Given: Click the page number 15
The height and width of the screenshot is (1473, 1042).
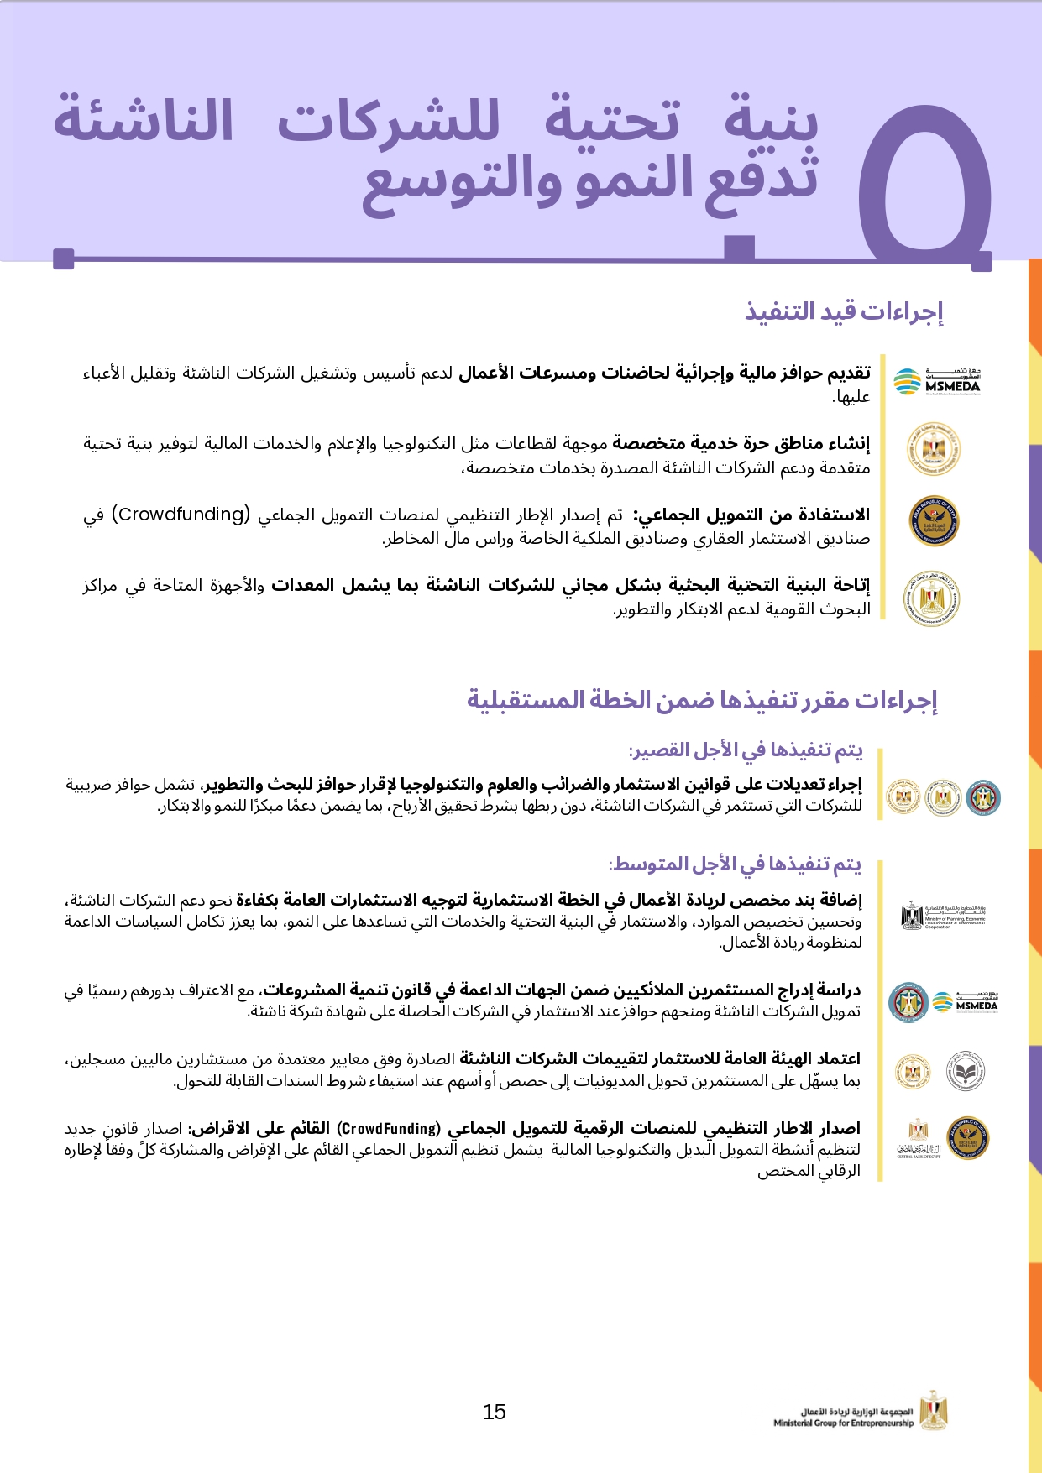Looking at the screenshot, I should [x=494, y=1413].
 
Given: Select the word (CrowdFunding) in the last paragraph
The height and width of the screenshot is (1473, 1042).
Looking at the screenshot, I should [x=389, y=1128].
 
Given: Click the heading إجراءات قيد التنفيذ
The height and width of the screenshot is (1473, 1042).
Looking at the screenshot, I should [x=844, y=311].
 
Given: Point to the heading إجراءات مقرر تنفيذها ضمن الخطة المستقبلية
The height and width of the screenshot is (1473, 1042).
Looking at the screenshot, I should [x=702, y=700].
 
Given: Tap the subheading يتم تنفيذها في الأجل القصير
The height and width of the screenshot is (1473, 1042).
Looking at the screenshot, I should [x=746, y=750].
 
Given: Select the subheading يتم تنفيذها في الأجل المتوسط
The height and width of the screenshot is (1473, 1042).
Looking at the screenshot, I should [x=735, y=864].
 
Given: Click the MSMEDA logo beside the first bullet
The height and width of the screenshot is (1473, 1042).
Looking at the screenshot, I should [x=937, y=381].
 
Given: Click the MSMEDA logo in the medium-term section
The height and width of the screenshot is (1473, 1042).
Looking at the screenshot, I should [x=965, y=1001].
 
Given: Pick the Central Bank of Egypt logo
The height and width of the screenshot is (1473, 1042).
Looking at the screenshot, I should [x=919, y=1138].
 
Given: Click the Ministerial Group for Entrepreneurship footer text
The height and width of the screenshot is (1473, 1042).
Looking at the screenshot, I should [x=843, y=1418].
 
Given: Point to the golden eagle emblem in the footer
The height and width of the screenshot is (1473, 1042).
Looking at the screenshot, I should [x=932, y=1409].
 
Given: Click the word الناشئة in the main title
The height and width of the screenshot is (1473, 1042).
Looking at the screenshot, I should [x=144, y=121].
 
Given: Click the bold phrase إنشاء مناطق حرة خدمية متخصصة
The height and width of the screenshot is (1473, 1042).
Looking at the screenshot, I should [x=741, y=443].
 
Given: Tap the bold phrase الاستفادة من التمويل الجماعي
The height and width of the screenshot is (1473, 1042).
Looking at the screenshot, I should [x=751, y=515].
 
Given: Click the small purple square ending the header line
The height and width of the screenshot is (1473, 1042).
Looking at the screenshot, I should [x=64, y=259].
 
